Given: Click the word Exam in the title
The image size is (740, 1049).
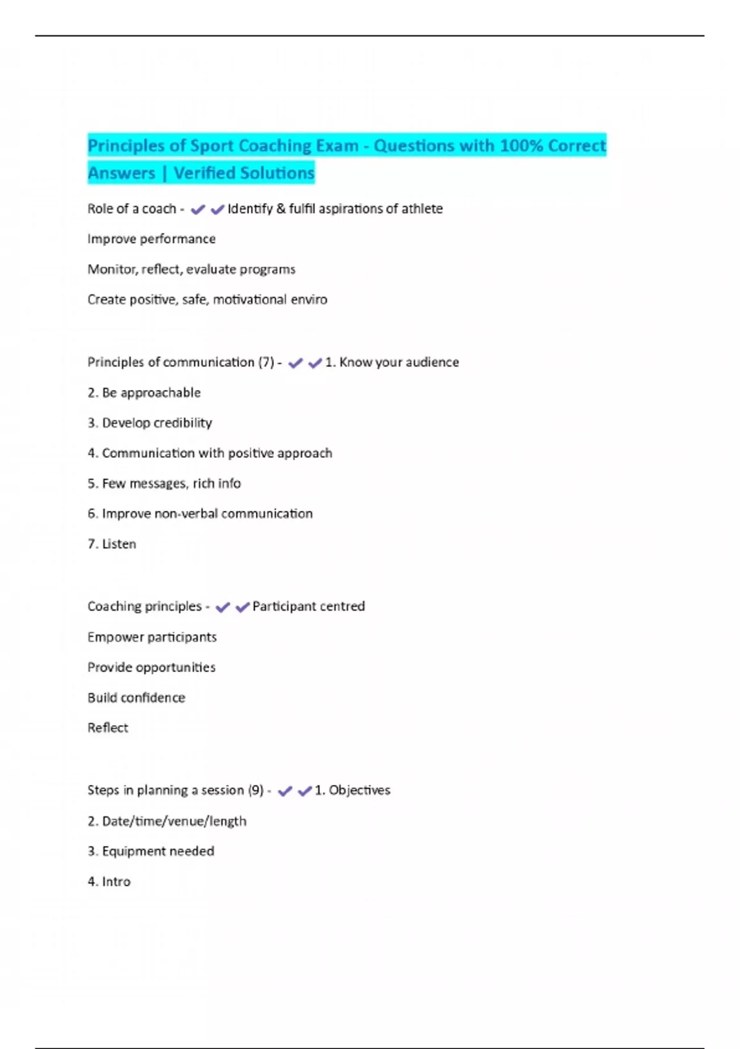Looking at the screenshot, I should (x=337, y=146).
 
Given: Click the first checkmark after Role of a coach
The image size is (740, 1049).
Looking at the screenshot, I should (x=197, y=210).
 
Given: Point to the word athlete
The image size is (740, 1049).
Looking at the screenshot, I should (x=422, y=209).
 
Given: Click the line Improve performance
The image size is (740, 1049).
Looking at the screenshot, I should (x=152, y=239).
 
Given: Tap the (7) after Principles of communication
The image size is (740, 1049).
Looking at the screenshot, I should (x=266, y=362).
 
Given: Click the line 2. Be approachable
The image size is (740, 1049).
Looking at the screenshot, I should (x=144, y=392).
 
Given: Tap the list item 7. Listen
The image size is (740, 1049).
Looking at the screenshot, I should (x=112, y=544).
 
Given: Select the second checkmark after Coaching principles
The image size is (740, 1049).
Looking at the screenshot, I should (x=242, y=607).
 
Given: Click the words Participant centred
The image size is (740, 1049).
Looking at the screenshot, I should (x=308, y=606).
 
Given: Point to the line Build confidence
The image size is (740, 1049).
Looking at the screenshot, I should (x=136, y=697).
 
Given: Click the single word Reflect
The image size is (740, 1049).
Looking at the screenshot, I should (x=108, y=728).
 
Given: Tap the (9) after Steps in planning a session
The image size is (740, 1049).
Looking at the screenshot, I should (x=256, y=790).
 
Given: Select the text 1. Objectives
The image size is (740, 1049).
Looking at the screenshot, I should (x=352, y=790).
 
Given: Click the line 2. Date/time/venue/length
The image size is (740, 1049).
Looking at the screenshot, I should (x=167, y=821).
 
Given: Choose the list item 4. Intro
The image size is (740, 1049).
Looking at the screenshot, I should (x=109, y=881).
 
